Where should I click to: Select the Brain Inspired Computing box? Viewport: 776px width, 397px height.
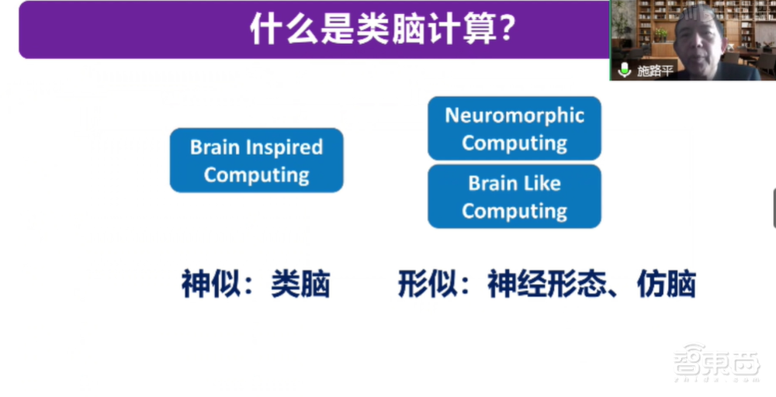point(256,161)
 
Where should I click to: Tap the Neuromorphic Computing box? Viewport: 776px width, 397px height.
point(514,129)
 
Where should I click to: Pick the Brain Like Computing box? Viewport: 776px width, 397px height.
point(514,196)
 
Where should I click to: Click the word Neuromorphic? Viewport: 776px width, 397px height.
point(514,116)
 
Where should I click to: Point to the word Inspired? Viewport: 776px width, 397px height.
point(288,147)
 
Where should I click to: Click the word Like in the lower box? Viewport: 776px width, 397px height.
point(542,184)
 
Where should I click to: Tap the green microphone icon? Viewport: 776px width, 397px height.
point(625,71)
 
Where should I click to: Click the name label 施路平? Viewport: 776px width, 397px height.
point(655,71)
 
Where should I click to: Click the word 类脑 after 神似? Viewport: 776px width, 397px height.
point(300,285)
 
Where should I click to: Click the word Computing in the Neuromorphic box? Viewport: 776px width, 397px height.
point(514,143)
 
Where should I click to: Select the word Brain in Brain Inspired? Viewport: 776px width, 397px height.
point(214,147)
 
